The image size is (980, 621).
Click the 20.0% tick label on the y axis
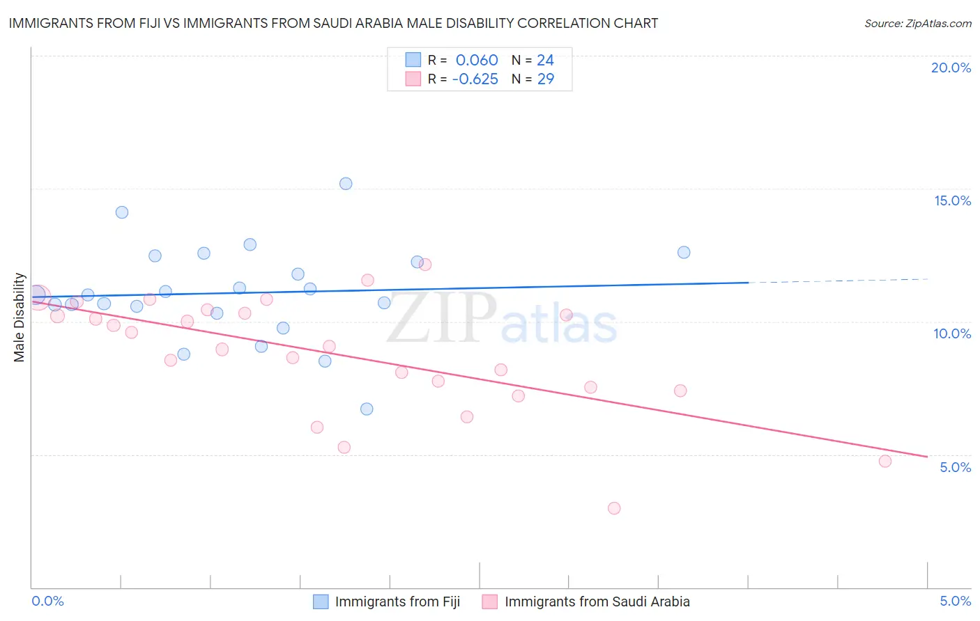coord(951,68)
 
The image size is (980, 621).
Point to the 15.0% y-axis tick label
coord(952,201)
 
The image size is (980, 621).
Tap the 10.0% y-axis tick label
coord(952,333)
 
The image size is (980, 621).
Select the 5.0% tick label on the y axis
coord(955,467)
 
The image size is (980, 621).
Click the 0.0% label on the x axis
coord(47,601)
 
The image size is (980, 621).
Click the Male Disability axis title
coord(20,317)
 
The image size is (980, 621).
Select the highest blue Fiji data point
coord(346,184)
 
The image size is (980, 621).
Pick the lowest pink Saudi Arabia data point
coord(614,508)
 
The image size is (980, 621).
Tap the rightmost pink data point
coord(885,461)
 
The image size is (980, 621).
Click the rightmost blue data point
coord(684,252)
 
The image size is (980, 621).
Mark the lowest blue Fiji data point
coord(367,409)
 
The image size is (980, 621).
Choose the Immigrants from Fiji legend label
coord(397,602)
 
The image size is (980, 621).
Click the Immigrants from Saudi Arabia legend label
coord(597,602)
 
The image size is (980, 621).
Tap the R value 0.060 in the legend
coord(477,60)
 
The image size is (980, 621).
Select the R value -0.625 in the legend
coord(475,79)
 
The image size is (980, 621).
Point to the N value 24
coord(545,60)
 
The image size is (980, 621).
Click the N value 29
coord(545,79)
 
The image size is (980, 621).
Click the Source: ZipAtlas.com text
coord(917,24)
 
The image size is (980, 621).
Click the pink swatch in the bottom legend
coord(490,602)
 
